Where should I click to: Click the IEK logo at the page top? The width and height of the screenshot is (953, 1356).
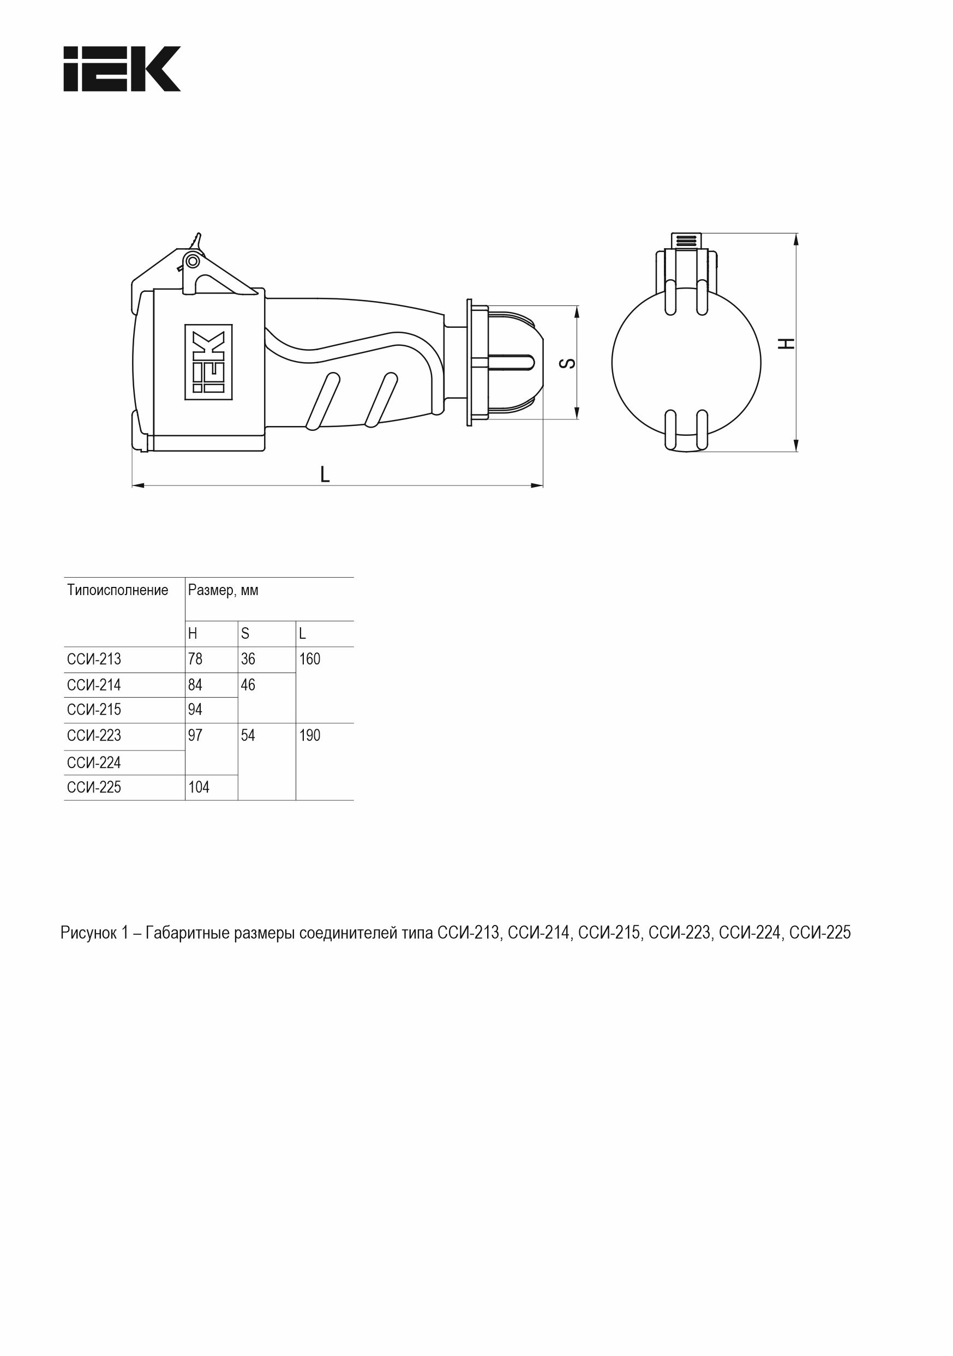tap(122, 69)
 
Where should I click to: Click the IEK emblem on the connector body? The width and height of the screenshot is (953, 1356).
tap(208, 362)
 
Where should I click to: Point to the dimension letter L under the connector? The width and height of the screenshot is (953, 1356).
tap(325, 473)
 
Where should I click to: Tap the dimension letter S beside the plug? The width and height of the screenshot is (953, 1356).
tap(567, 363)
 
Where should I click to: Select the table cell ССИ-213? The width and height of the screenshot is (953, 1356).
tap(94, 659)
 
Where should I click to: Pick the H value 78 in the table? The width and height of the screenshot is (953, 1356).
tap(195, 659)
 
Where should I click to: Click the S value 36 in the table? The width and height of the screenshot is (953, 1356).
tap(248, 659)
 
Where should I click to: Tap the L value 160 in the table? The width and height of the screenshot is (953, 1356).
tap(310, 659)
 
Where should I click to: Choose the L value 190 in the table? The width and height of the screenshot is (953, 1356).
tap(310, 735)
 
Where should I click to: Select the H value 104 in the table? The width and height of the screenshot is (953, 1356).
tap(199, 787)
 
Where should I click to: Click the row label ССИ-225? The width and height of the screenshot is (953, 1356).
tap(94, 787)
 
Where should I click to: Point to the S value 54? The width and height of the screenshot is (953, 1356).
tap(248, 735)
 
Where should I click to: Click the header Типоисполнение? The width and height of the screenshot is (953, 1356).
tap(118, 590)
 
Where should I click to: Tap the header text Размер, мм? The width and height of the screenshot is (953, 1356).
tap(223, 590)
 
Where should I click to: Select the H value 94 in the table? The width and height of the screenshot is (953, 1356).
tap(195, 709)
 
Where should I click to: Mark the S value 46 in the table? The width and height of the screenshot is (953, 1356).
tap(248, 685)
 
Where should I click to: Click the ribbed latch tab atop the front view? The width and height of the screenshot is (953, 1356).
tap(686, 241)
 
